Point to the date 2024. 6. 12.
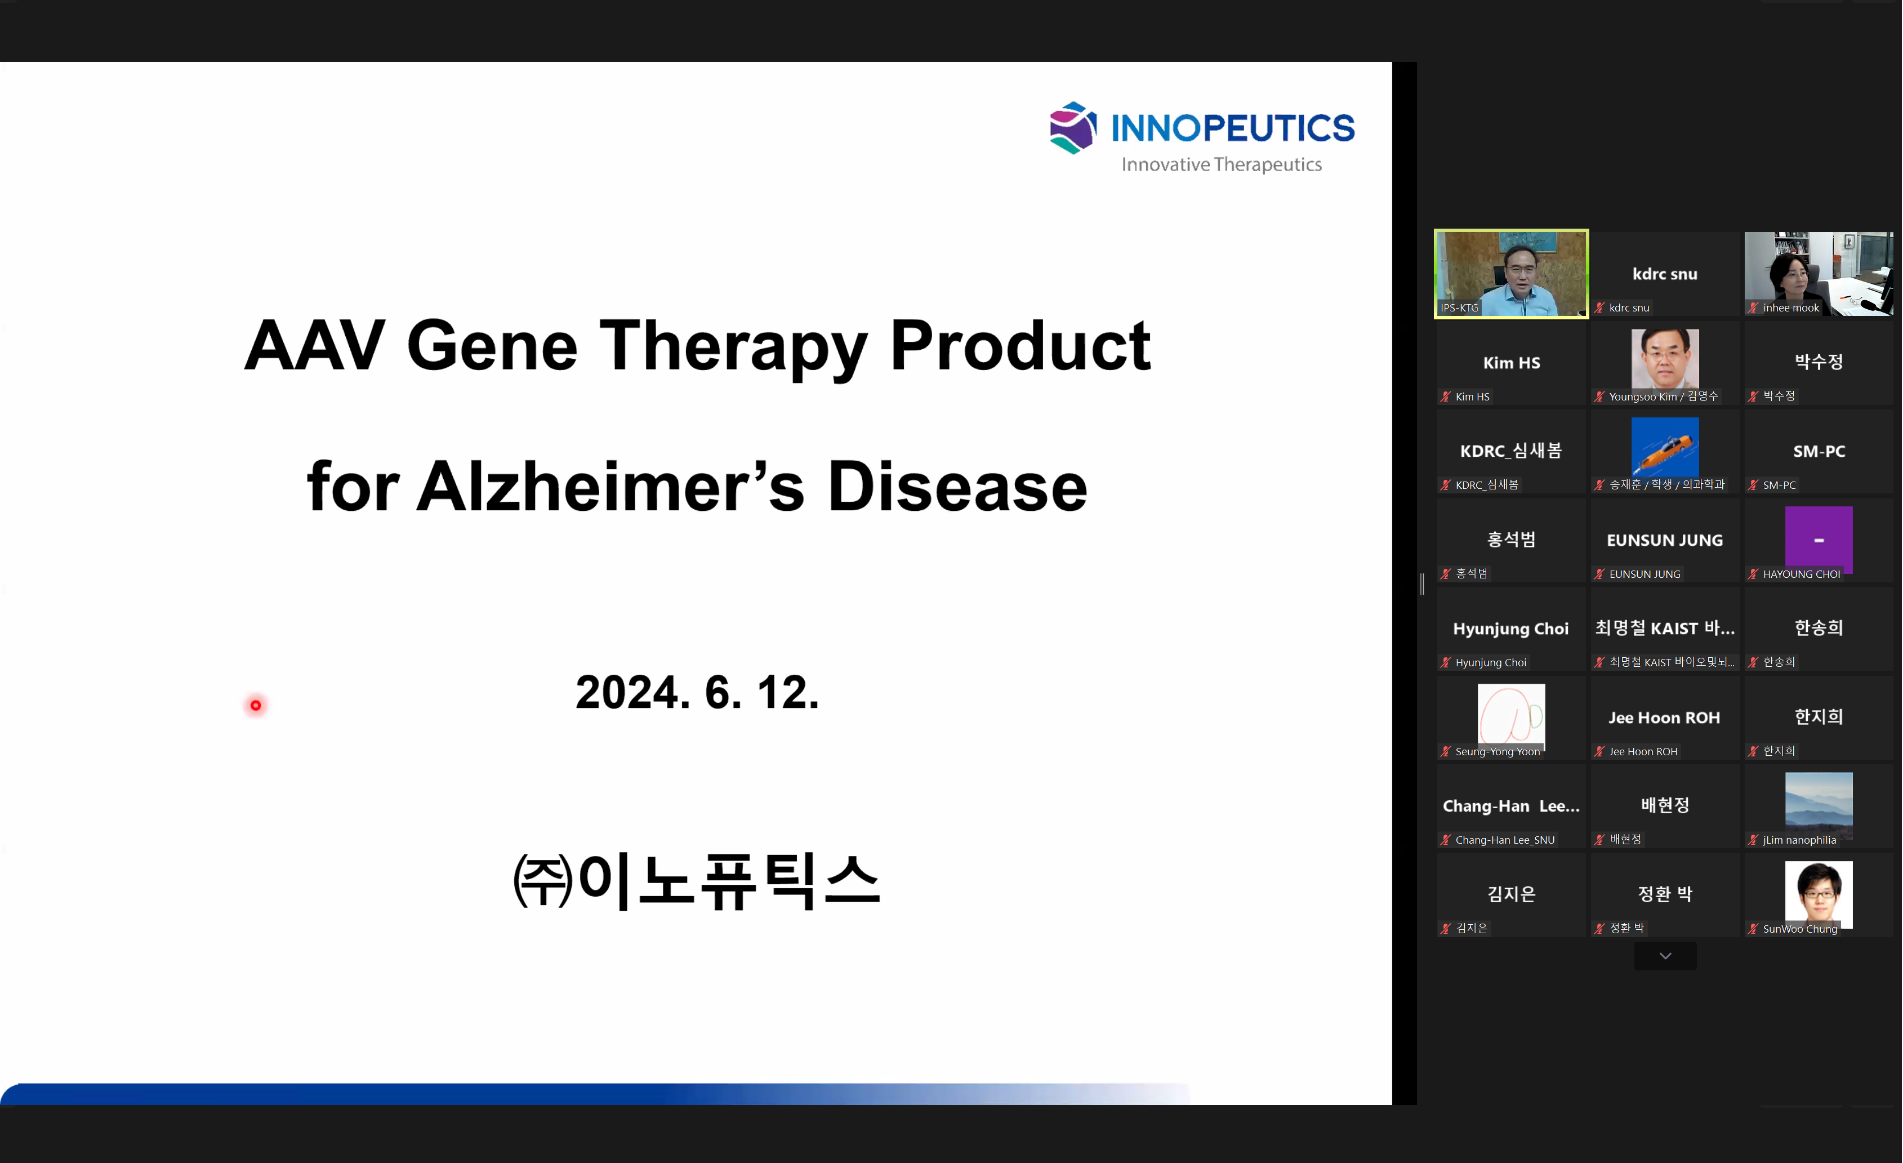697,692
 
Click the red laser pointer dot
256,705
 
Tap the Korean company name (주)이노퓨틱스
697,881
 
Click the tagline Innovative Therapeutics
1222,164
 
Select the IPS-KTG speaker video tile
1512,273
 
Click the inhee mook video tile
1819,273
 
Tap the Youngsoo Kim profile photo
1665,358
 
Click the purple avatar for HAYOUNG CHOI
1819,540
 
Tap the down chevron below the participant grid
1665,956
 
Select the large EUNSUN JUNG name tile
1665,540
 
